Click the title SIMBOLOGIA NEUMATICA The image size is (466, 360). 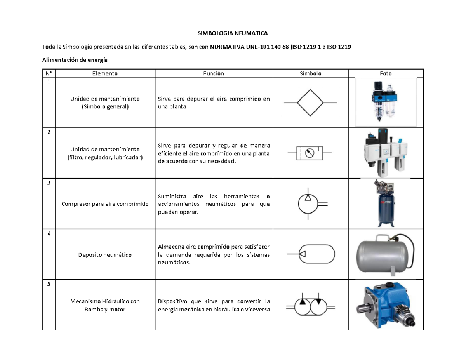coord(233,33)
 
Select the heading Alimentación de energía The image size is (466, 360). coord(75,60)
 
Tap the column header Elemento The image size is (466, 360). coord(105,73)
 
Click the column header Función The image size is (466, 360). coord(214,73)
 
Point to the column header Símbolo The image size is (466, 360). coord(311,73)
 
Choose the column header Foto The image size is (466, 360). coord(386,73)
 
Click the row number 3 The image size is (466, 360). coord(49,183)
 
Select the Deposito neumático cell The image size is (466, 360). coord(105,255)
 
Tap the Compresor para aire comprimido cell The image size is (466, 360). coord(105,204)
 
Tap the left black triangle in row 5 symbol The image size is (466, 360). coord(303,302)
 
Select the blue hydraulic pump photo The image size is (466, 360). coord(386,305)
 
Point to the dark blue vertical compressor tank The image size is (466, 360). coord(386,210)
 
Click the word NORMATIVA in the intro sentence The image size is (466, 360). coord(227,47)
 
